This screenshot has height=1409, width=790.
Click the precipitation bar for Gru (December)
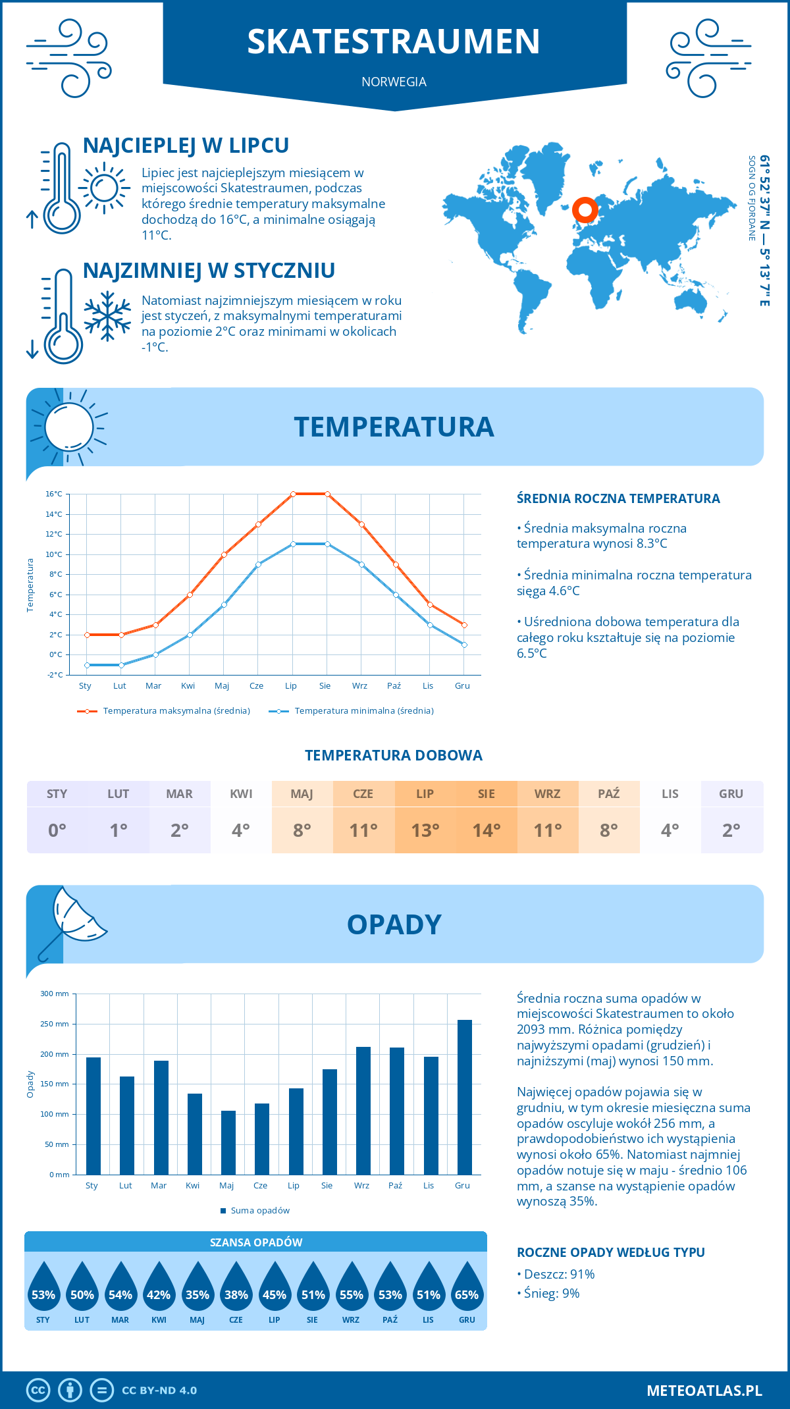465,1097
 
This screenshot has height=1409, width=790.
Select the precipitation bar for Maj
228,1142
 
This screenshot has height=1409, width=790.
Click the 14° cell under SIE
487,830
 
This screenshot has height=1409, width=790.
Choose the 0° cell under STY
57,830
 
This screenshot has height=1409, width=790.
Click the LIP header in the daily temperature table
425,793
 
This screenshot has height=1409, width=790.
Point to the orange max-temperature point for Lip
293,494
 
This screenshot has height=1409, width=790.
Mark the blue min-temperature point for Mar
155,654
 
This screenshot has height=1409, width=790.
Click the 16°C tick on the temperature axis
54,494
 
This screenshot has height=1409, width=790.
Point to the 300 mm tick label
55,994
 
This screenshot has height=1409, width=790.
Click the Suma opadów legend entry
260,1210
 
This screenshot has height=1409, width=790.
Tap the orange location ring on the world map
585,210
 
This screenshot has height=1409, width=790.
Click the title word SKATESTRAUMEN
394,41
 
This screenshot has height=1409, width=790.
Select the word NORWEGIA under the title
394,82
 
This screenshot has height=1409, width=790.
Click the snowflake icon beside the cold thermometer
107,315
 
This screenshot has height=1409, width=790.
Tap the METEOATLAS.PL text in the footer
704,1390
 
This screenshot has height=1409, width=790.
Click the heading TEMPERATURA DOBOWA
394,755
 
